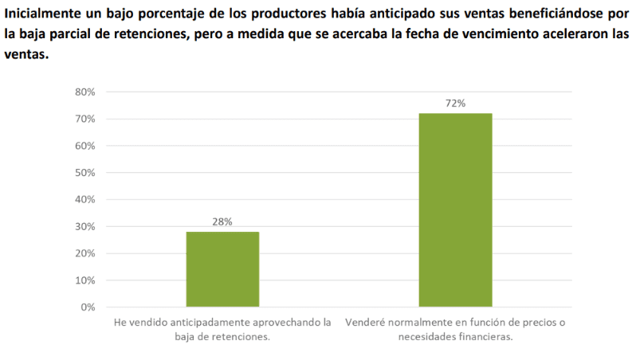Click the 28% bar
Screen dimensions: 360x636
point(222,269)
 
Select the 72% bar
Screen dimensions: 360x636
point(455,210)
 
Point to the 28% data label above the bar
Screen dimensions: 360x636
point(222,222)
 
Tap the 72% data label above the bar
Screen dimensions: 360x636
point(455,104)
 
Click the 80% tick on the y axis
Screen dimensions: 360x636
point(84,92)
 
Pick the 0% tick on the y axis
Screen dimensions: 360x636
point(88,307)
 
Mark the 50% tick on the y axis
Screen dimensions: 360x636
point(84,173)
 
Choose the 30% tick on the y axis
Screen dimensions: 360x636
point(84,227)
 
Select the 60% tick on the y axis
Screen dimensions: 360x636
point(84,147)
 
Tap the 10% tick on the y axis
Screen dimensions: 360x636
point(84,280)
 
